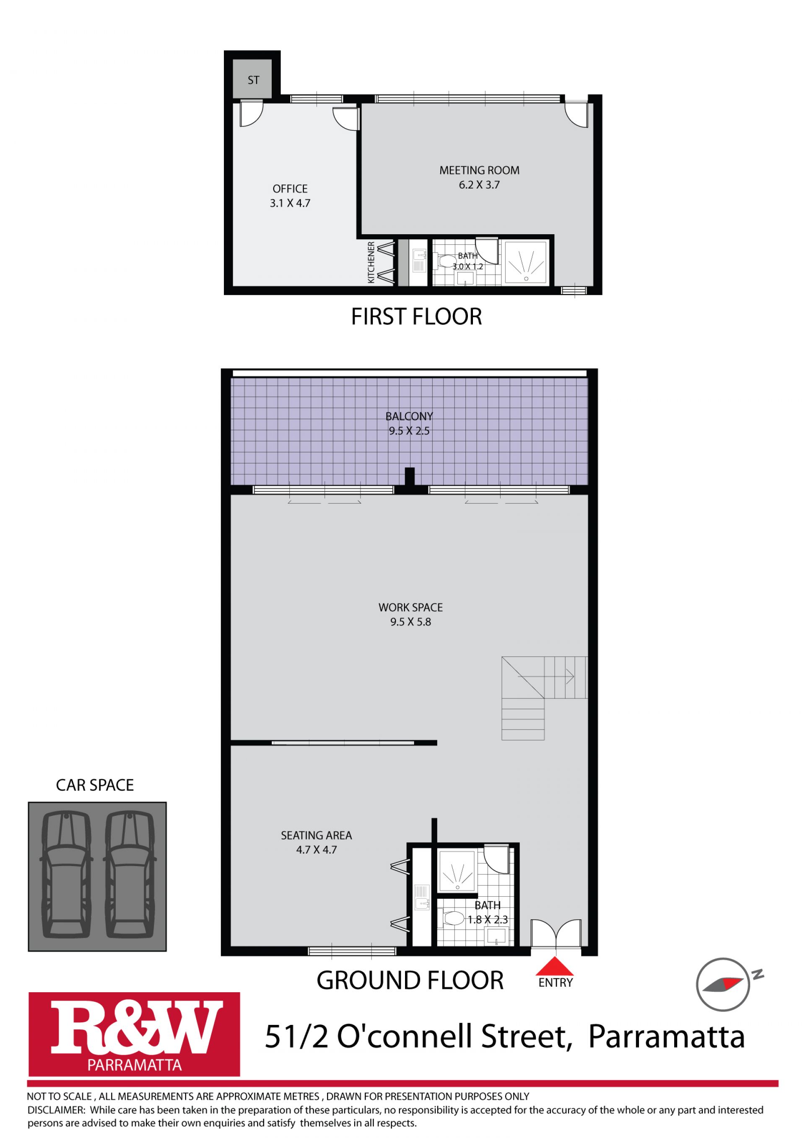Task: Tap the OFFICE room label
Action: pyautogui.click(x=290, y=189)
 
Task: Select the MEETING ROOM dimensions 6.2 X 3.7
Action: pyautogui.click(x=479, y=185)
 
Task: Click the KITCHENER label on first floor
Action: pyautogui.click(x=371, y=262)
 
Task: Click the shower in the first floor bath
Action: pyautogui.click(x=526, y=262)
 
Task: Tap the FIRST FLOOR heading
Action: pyautogui.click(x=417, y=317)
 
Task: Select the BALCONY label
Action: pyautogui.click(x=409, y=416)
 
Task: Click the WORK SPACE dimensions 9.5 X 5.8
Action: pyautogui.click(x=411, y=622)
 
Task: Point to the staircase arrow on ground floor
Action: pyautogui.click(x=546, y=676)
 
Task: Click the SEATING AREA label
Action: pyautogui.click(x=317, y=835)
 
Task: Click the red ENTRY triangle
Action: pyautogui.click(x=555, y=967)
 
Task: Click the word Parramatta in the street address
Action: pyautogui.click(x=666, y=1037)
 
